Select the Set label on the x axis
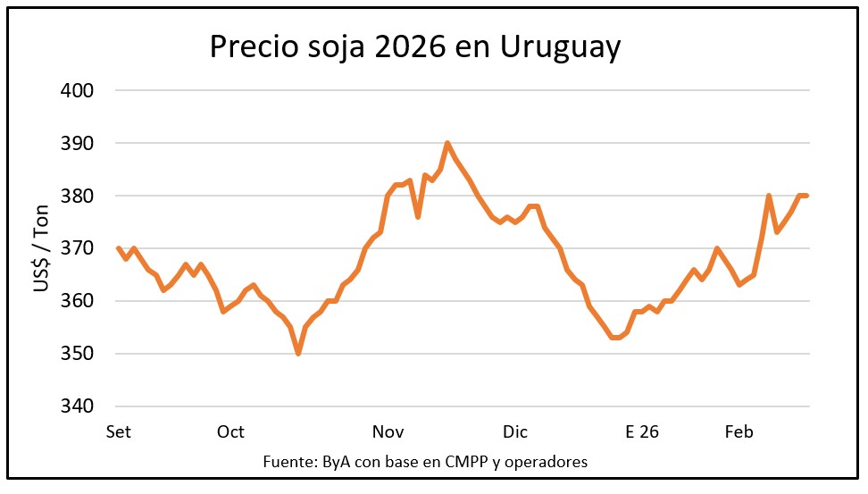[118, 432]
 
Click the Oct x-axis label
[230, 432]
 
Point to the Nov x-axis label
[388, 432]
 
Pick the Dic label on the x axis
[515, 432]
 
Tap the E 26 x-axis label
[642, 432]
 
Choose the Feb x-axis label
[739, 432]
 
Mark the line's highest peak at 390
[447, 143]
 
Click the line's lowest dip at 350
[298, 354]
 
